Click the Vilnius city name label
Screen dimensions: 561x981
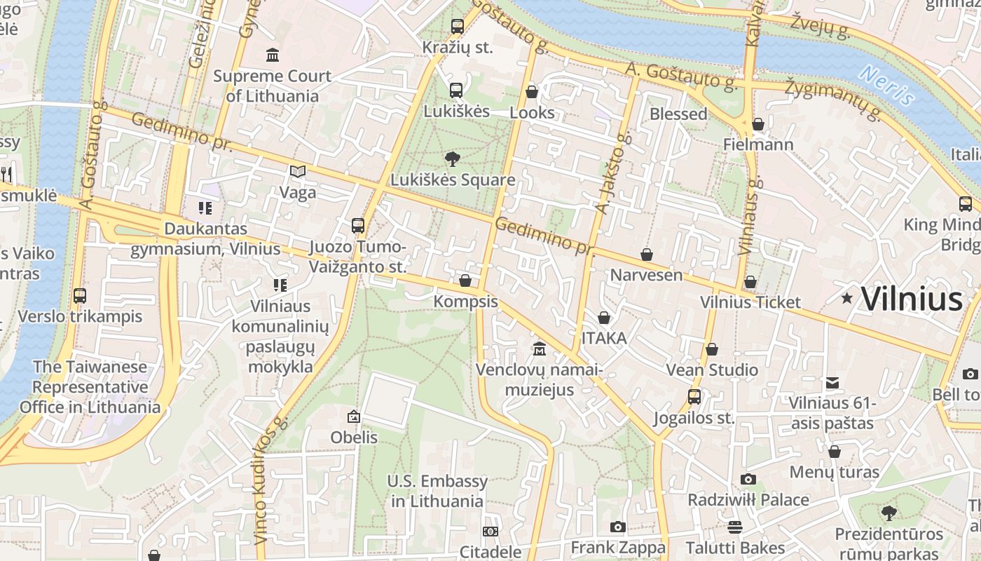pyautogui.click(x=912, y=299)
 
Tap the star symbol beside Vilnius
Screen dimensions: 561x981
pyautogui.click(x=847, y=299)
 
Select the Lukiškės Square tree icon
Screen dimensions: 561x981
pyautogui.click(x=453, y=159)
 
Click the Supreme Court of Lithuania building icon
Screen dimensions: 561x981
pyautogui.click(x=273, y=55)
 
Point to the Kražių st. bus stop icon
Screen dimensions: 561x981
pyautogui.click(x=458, y=27)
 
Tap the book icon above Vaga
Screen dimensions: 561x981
pyautogui.click(x=298, y=171)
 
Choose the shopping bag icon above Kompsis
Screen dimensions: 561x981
pyautogui.click(x=465, y=281)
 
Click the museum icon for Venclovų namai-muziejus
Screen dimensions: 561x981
pyautogui.click(x=540, y=349)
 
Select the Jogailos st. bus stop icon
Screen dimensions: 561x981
pyautogui.click(x=694, y=397)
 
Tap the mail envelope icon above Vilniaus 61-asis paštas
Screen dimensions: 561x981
pyautogui.click(x=832, y=383)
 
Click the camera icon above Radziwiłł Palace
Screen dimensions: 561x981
pyautogui.click(x=748, y=480)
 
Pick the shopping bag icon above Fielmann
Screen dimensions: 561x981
pyautogui.click(x=758, y=125)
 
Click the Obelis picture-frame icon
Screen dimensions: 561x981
pyautogui.click(x=354, y=417)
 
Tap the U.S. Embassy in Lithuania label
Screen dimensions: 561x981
pyautogui.click(x=437, y=491)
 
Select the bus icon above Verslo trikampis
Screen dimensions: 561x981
pyautogui.click(x=80, y=296)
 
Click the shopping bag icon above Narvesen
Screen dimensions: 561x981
pyautogui.click(x=647, y=255)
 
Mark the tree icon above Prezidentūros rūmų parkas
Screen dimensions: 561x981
pyautogui.click(x=889, y=513)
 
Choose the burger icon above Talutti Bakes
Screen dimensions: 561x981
pyautogui.click(x=735, y=527)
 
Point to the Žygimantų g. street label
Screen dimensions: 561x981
pyautogui.click(x=832, y=98)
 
